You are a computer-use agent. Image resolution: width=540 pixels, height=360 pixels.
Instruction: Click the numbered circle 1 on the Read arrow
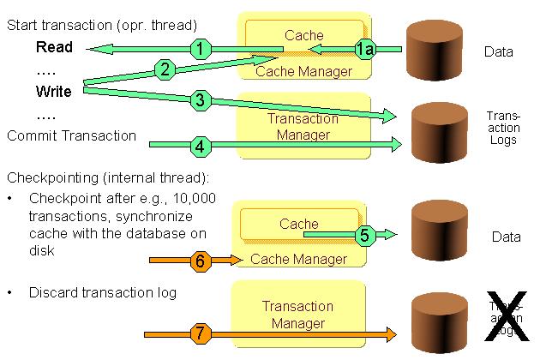tap(199, 49)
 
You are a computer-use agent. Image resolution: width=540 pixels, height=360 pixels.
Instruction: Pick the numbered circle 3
tap(200, 100)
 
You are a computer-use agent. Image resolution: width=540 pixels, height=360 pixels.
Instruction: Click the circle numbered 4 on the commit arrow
tap(200, 146)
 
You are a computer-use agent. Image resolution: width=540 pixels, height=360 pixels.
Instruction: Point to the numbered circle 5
tap(363, 232)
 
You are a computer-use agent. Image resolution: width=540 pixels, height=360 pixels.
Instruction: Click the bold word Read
tap(54, 47)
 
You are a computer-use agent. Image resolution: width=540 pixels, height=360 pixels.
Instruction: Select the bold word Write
tap(54, 92)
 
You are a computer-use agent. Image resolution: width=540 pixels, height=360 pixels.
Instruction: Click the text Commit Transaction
tap(71, 135)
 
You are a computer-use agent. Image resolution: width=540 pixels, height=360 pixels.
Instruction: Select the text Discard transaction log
tap(102, 293)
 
